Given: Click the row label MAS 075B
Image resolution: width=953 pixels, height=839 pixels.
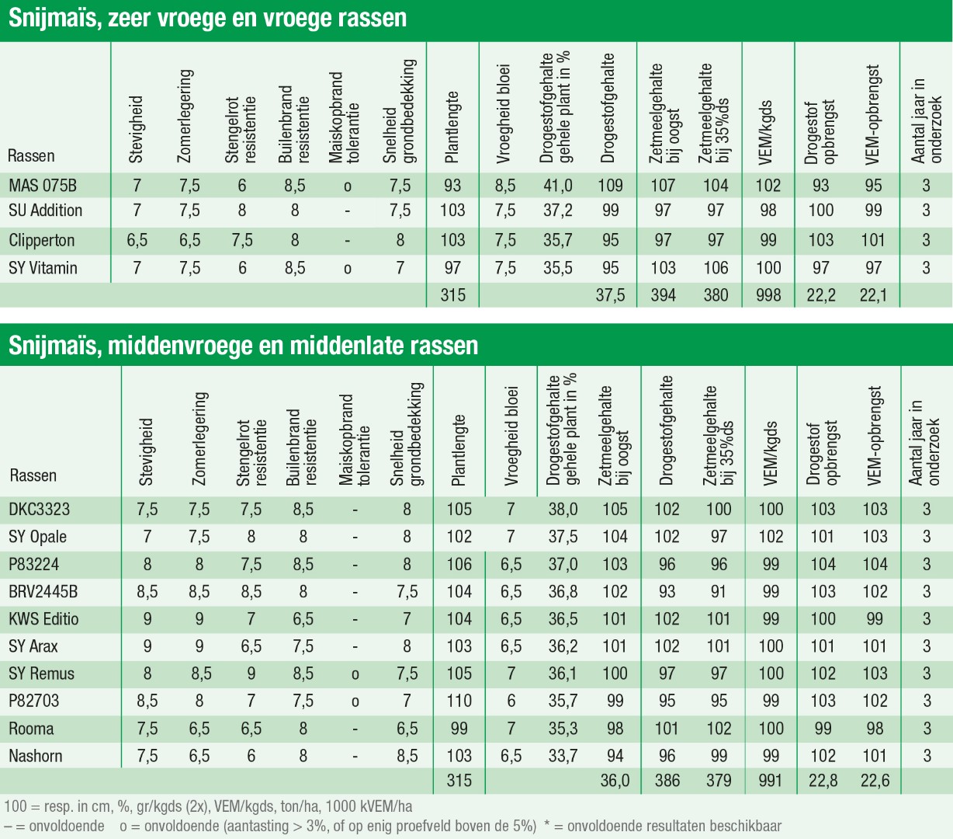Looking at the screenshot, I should [43, 186].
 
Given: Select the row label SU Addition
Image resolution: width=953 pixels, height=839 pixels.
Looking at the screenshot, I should [45, 211].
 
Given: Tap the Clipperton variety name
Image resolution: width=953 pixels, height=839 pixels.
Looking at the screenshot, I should [42, 240].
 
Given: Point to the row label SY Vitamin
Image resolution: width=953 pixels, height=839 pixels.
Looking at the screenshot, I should [43, 268].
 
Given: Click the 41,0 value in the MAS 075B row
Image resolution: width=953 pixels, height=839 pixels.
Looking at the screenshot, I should [558, 186].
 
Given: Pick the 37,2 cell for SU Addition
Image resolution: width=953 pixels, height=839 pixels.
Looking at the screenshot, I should [558, 211].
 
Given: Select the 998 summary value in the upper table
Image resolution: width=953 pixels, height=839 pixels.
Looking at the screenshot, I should [768, 295].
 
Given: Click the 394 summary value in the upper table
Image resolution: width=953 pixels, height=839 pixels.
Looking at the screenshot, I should [664, 295].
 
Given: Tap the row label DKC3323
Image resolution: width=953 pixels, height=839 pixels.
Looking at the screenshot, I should [39, 510].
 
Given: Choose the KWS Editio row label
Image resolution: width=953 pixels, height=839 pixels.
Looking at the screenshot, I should [43, 619].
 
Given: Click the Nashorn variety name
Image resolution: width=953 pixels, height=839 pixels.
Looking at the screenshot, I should [36, 756].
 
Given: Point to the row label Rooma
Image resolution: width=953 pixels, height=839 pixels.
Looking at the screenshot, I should [31, 729].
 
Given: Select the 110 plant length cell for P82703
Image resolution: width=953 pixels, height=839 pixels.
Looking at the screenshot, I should [459, 701].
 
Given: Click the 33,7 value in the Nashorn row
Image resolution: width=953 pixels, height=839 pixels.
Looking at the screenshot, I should [563, 756].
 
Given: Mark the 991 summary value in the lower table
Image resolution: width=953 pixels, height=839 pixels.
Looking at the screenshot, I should [771, 780].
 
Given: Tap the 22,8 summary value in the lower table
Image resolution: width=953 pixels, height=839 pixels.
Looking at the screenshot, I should [823, 780].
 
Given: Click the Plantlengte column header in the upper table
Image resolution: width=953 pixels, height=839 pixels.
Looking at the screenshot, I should [452, 128].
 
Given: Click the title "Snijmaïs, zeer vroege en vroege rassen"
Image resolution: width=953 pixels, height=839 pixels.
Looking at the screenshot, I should [207, 18].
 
